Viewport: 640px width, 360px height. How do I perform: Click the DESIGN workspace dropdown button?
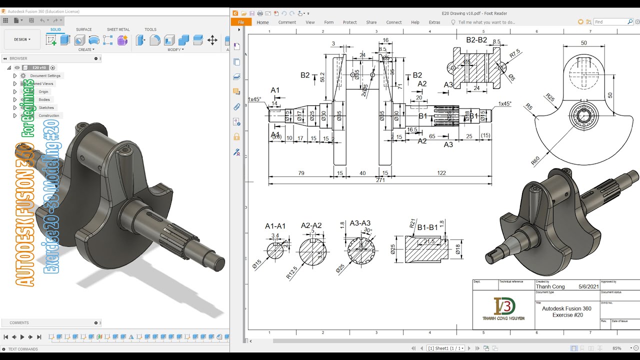(x=22, y=39)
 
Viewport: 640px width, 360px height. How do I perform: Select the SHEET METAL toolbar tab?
(x=118, y=29)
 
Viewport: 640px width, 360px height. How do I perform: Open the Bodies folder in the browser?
(x=44, y=99)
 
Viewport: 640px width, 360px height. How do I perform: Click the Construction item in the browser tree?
(x=48, y=115)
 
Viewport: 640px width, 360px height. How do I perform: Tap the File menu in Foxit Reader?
(x=241, y=22)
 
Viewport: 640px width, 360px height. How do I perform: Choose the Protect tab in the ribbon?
(x=349, y=22)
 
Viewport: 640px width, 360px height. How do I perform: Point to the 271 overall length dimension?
(x=380, y=180)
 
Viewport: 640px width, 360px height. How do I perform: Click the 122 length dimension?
(x=441, y=173)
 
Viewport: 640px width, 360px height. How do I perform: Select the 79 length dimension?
(x=301, y=173)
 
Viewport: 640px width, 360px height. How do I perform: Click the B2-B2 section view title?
(x=476, y=40)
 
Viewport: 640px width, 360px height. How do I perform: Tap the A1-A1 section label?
(x=275, y=226)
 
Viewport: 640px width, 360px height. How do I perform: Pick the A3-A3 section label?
(x=360, y=223)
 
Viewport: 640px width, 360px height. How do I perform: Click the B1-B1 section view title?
(x=427, y=227)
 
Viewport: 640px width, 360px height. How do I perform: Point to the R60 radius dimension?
(x=535, y=160)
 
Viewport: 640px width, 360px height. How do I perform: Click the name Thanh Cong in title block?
(x=550, y=286)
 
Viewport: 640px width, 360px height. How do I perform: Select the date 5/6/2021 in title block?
(x=588, y=286)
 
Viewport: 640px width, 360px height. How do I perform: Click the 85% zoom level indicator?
(x=616, y=348)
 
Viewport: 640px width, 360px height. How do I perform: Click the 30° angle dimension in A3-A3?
(x=367, y=230)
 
